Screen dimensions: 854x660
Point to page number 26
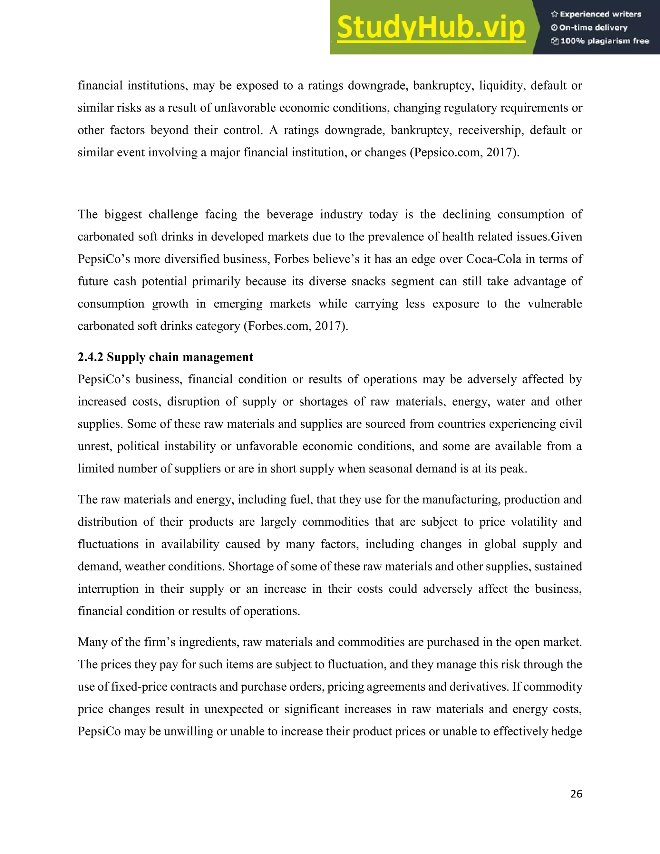point(576,794)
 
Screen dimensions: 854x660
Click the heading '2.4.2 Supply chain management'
point(165,357)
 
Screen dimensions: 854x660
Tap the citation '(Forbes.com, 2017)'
point(296,326)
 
